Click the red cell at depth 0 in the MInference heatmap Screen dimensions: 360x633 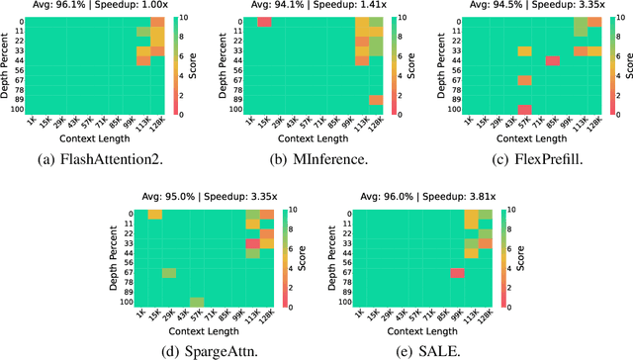click(264, 22)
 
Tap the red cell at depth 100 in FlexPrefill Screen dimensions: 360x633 click(524, 109)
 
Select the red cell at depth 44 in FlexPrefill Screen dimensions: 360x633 click(552, 61)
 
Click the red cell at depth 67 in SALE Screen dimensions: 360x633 click(458, 274)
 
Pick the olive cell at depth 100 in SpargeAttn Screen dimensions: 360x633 click(196, 303)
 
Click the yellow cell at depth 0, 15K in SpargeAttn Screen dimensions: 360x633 click(154, 215)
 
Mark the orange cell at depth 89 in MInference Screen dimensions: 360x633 click(376, 99)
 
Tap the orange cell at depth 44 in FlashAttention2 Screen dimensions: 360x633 click(144, 61)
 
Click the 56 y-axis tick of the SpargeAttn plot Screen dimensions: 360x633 click(128, 262)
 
